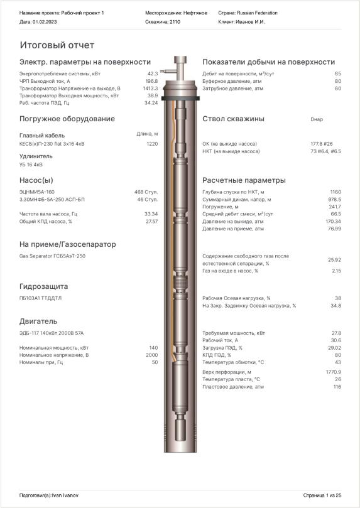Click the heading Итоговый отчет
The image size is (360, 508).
coord(57,45)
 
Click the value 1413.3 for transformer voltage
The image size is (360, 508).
coord(150,89)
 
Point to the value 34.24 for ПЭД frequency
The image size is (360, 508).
coord(151,102)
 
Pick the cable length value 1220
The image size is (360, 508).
coord(151,144)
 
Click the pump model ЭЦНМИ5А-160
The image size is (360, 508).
coord(37,192)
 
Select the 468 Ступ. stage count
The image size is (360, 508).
coord(146,192)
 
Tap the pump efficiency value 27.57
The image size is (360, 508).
coord(151,221)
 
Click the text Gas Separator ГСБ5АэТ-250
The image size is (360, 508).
coord(52,256)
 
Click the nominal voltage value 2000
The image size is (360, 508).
coord(151,355)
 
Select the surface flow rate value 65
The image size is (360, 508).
coord(338,73)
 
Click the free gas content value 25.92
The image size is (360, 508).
coord(334,259)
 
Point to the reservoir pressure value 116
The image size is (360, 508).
coord(337,387)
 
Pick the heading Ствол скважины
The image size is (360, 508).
coord(233,119)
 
